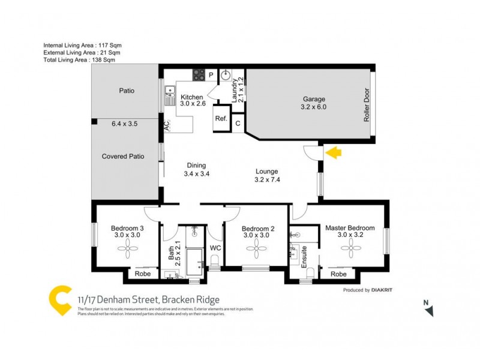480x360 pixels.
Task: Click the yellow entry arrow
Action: [333, 153]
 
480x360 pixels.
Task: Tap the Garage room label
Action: [313, 99]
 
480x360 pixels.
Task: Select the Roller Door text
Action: [366, 106]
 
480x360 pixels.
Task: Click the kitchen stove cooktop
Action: [199, 75]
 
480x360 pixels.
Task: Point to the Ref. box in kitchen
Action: [221, 118]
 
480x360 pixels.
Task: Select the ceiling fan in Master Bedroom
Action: [350, 252]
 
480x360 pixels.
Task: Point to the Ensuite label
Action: [304, 256]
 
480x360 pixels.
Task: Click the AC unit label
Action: [167, 126]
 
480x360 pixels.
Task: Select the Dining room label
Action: [196, 166]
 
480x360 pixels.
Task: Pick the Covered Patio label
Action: [123, 156]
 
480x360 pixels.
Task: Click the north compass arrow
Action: [428, 310]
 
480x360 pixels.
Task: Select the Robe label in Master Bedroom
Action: [338, 274]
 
